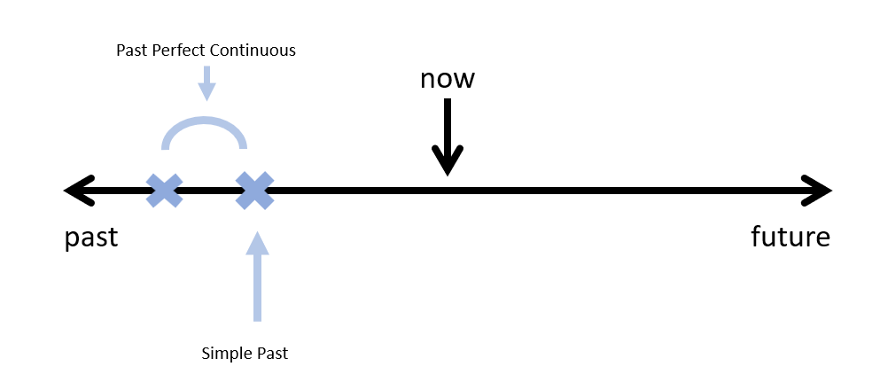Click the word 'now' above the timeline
click(x=448, y=79)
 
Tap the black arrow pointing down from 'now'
click(x=448, y=133)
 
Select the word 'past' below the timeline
click(x=91, y=238)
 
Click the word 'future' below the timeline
click(x=790, y=238)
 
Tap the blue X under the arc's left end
click(x=165, y=191)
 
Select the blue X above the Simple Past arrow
click(x=254, y=191)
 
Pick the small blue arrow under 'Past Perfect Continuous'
click(x=206, y=82)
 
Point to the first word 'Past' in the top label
click(x=131, y=51)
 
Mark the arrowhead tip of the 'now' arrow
click(x=448, y=172)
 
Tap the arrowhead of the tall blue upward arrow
click(x=257, y=242)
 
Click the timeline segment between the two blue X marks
click(x=209, y=191)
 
